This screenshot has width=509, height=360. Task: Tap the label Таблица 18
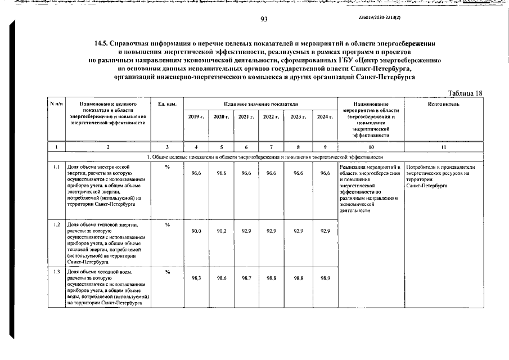click(466, 93)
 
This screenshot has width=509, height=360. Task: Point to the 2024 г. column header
click(324, 116)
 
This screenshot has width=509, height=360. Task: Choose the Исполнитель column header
click(443, 105)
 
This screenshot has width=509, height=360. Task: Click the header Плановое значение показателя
click(260, 105)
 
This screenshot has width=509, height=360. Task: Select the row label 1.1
click(56, 167)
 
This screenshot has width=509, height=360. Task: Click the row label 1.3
click(56, 272)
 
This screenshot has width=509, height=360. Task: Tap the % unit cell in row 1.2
click(168, 224)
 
